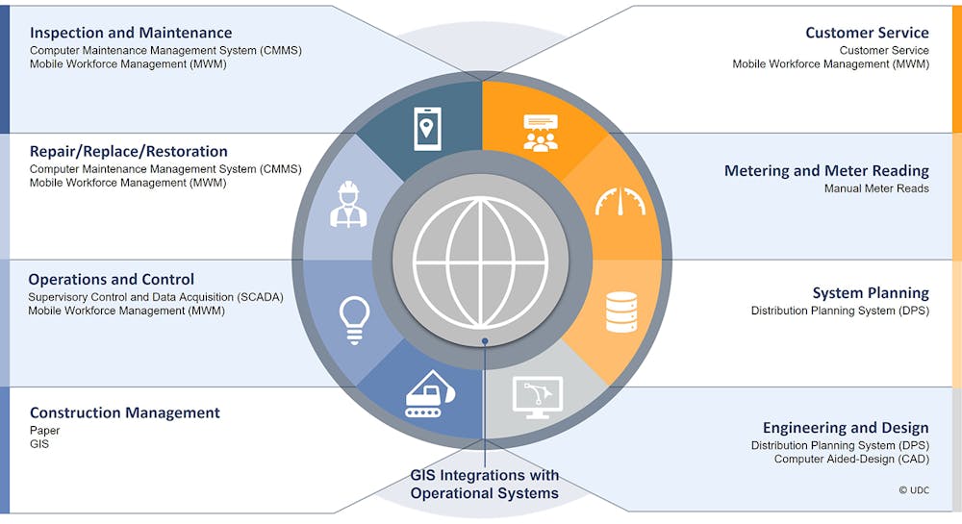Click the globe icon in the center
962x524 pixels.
click(x=480, y=262)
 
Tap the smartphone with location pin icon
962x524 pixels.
click(x=427, y=129)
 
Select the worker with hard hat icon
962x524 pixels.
click(x=348, y=205)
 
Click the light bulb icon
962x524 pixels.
click(x=355, y=320)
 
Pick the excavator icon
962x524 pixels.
click(x=430, y=394)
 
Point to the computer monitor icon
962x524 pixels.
click(x=538, y=397)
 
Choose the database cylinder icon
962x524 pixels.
click(x=621, y=312)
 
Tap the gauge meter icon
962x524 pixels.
click(x=620, y=202)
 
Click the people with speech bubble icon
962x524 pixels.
click(x=541, y=133)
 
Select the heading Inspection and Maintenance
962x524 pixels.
click(x=131, y=33)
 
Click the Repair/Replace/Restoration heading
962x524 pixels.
click(x=128, y=151)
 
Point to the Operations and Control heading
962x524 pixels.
click(x=111, y=280)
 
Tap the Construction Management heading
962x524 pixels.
click(x=124, y=412)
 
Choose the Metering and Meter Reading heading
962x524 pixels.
click(x=826, y=170)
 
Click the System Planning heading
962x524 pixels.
click(x=871, y=293)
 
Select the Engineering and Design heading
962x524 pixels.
click(x=846, y=427)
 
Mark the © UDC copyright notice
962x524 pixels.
click(x=914, y=490)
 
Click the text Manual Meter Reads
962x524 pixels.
click(x=876, y=188)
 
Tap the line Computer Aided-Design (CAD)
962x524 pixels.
click(x=851, y=459)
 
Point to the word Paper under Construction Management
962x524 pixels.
click(x=45, y=431)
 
